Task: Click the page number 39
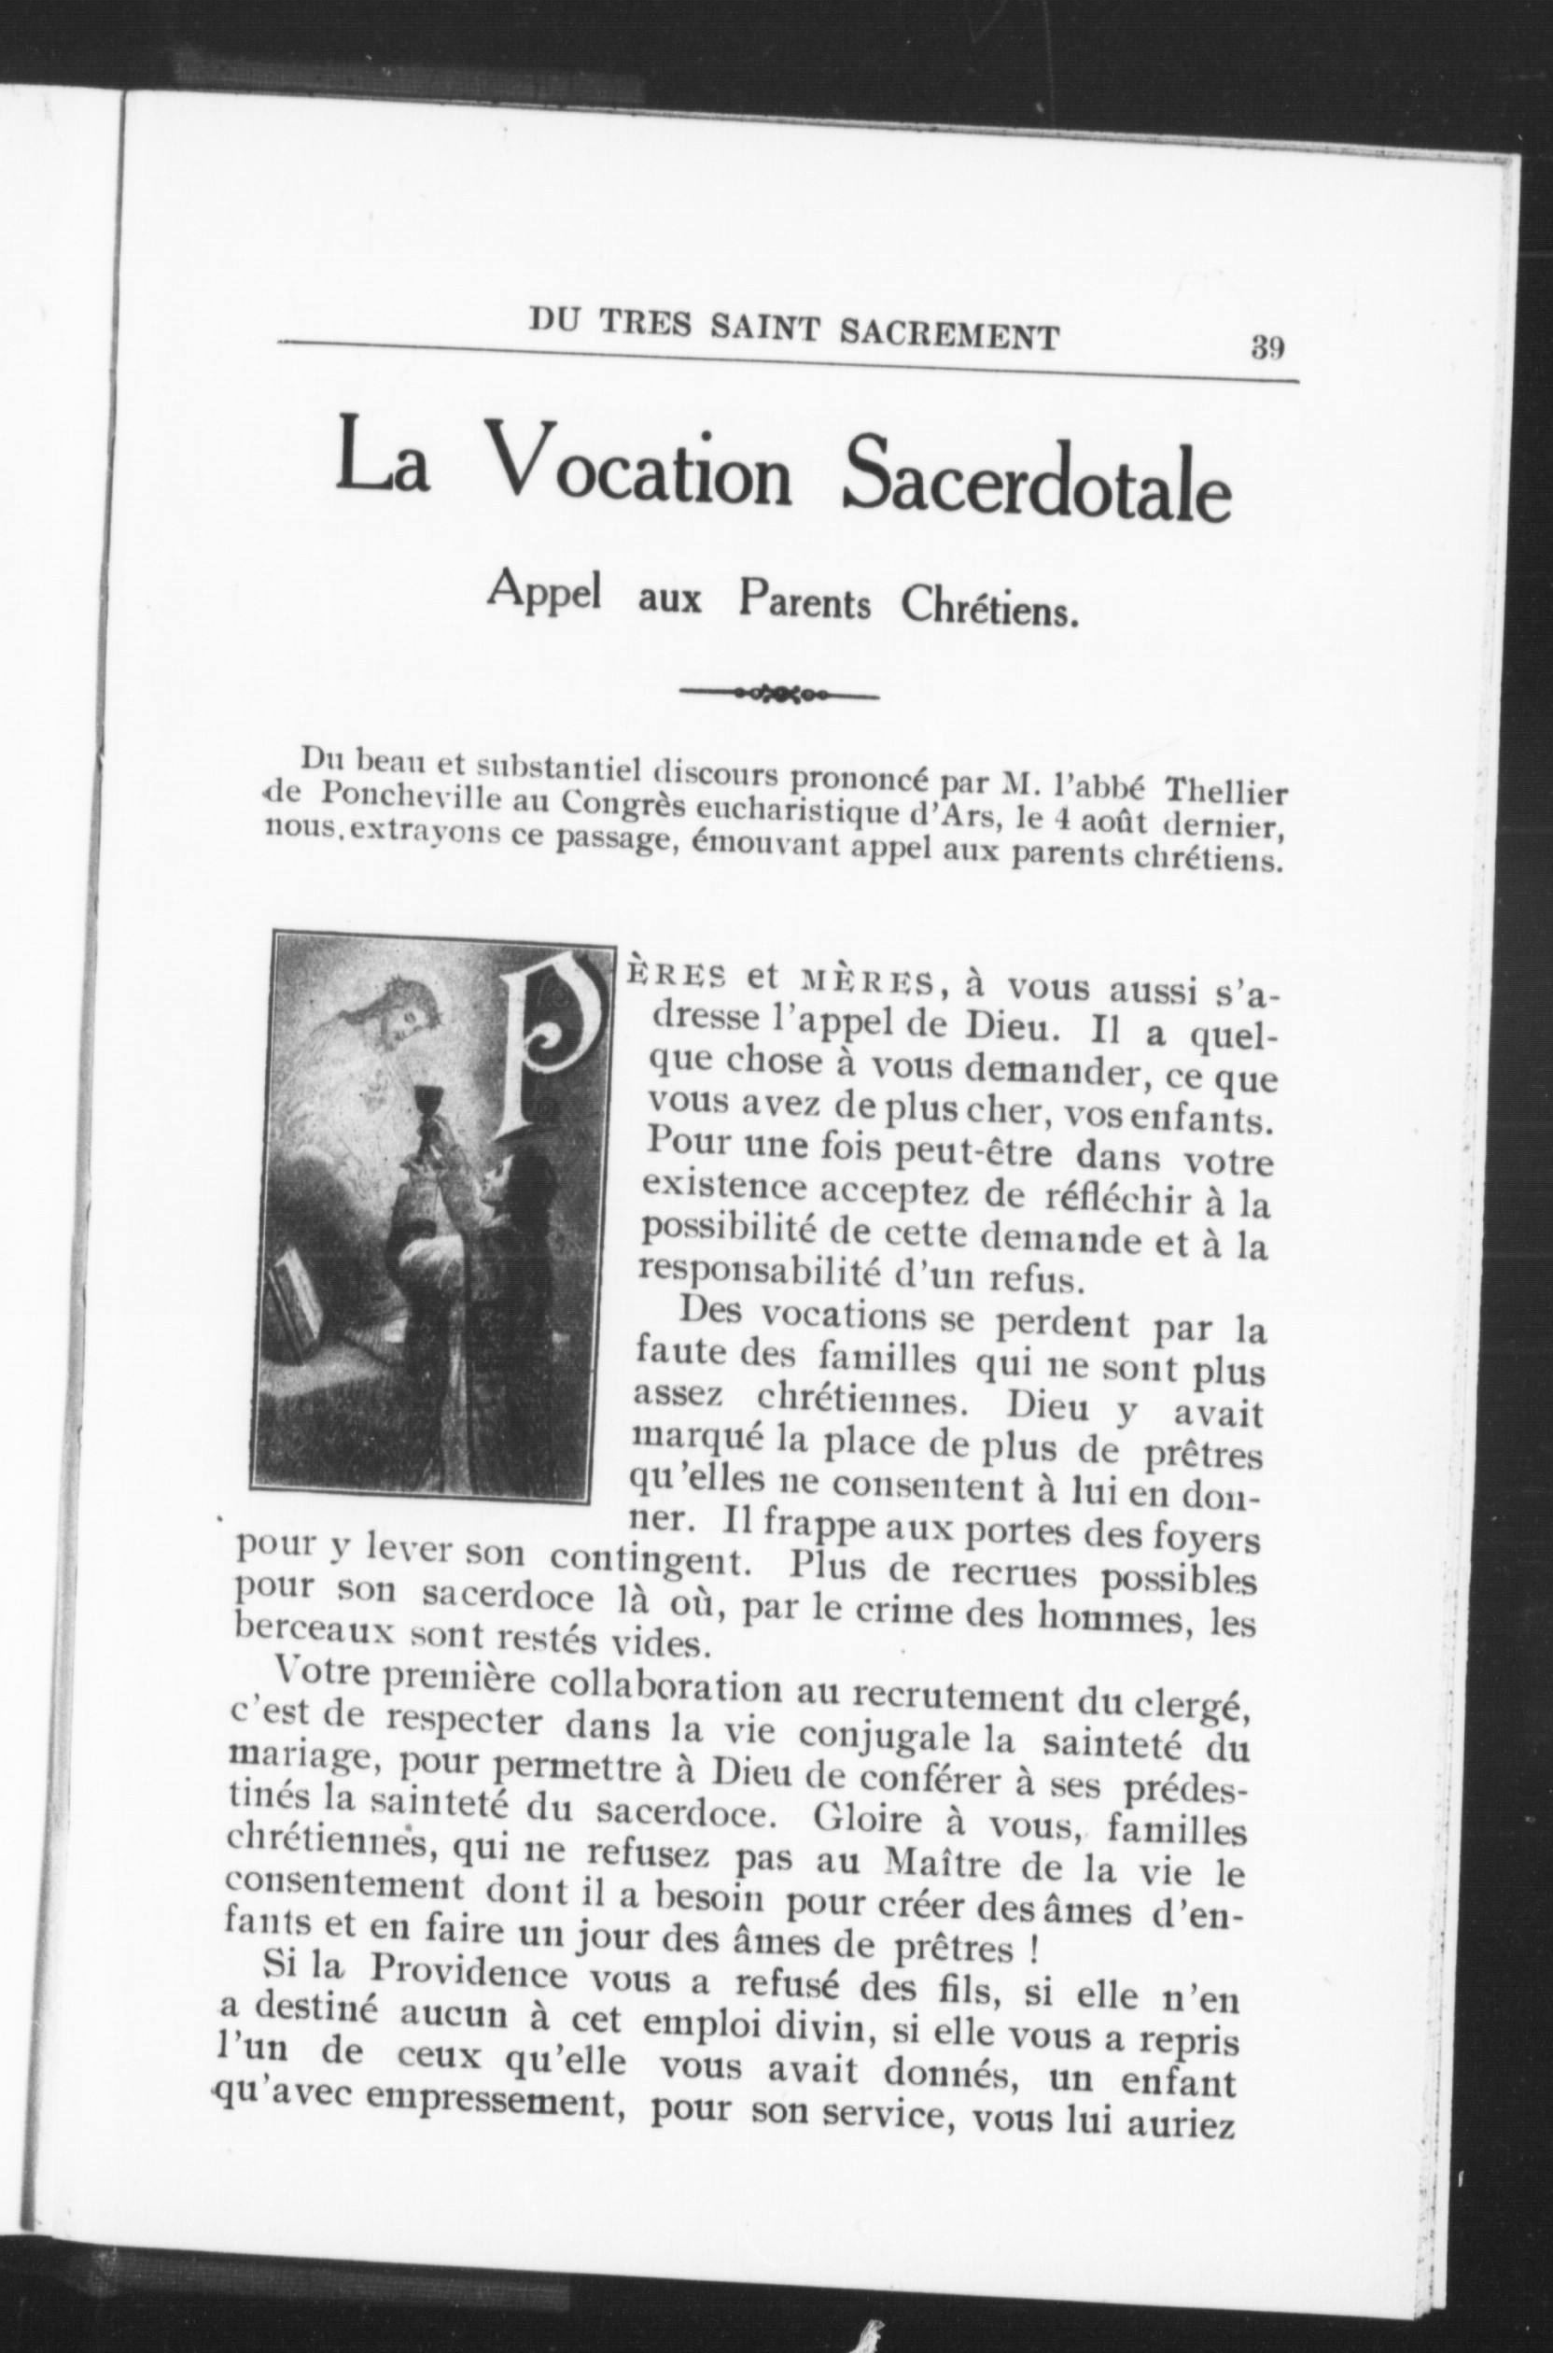tap(1267, 347)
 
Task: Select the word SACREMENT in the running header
tap(949, 334)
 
